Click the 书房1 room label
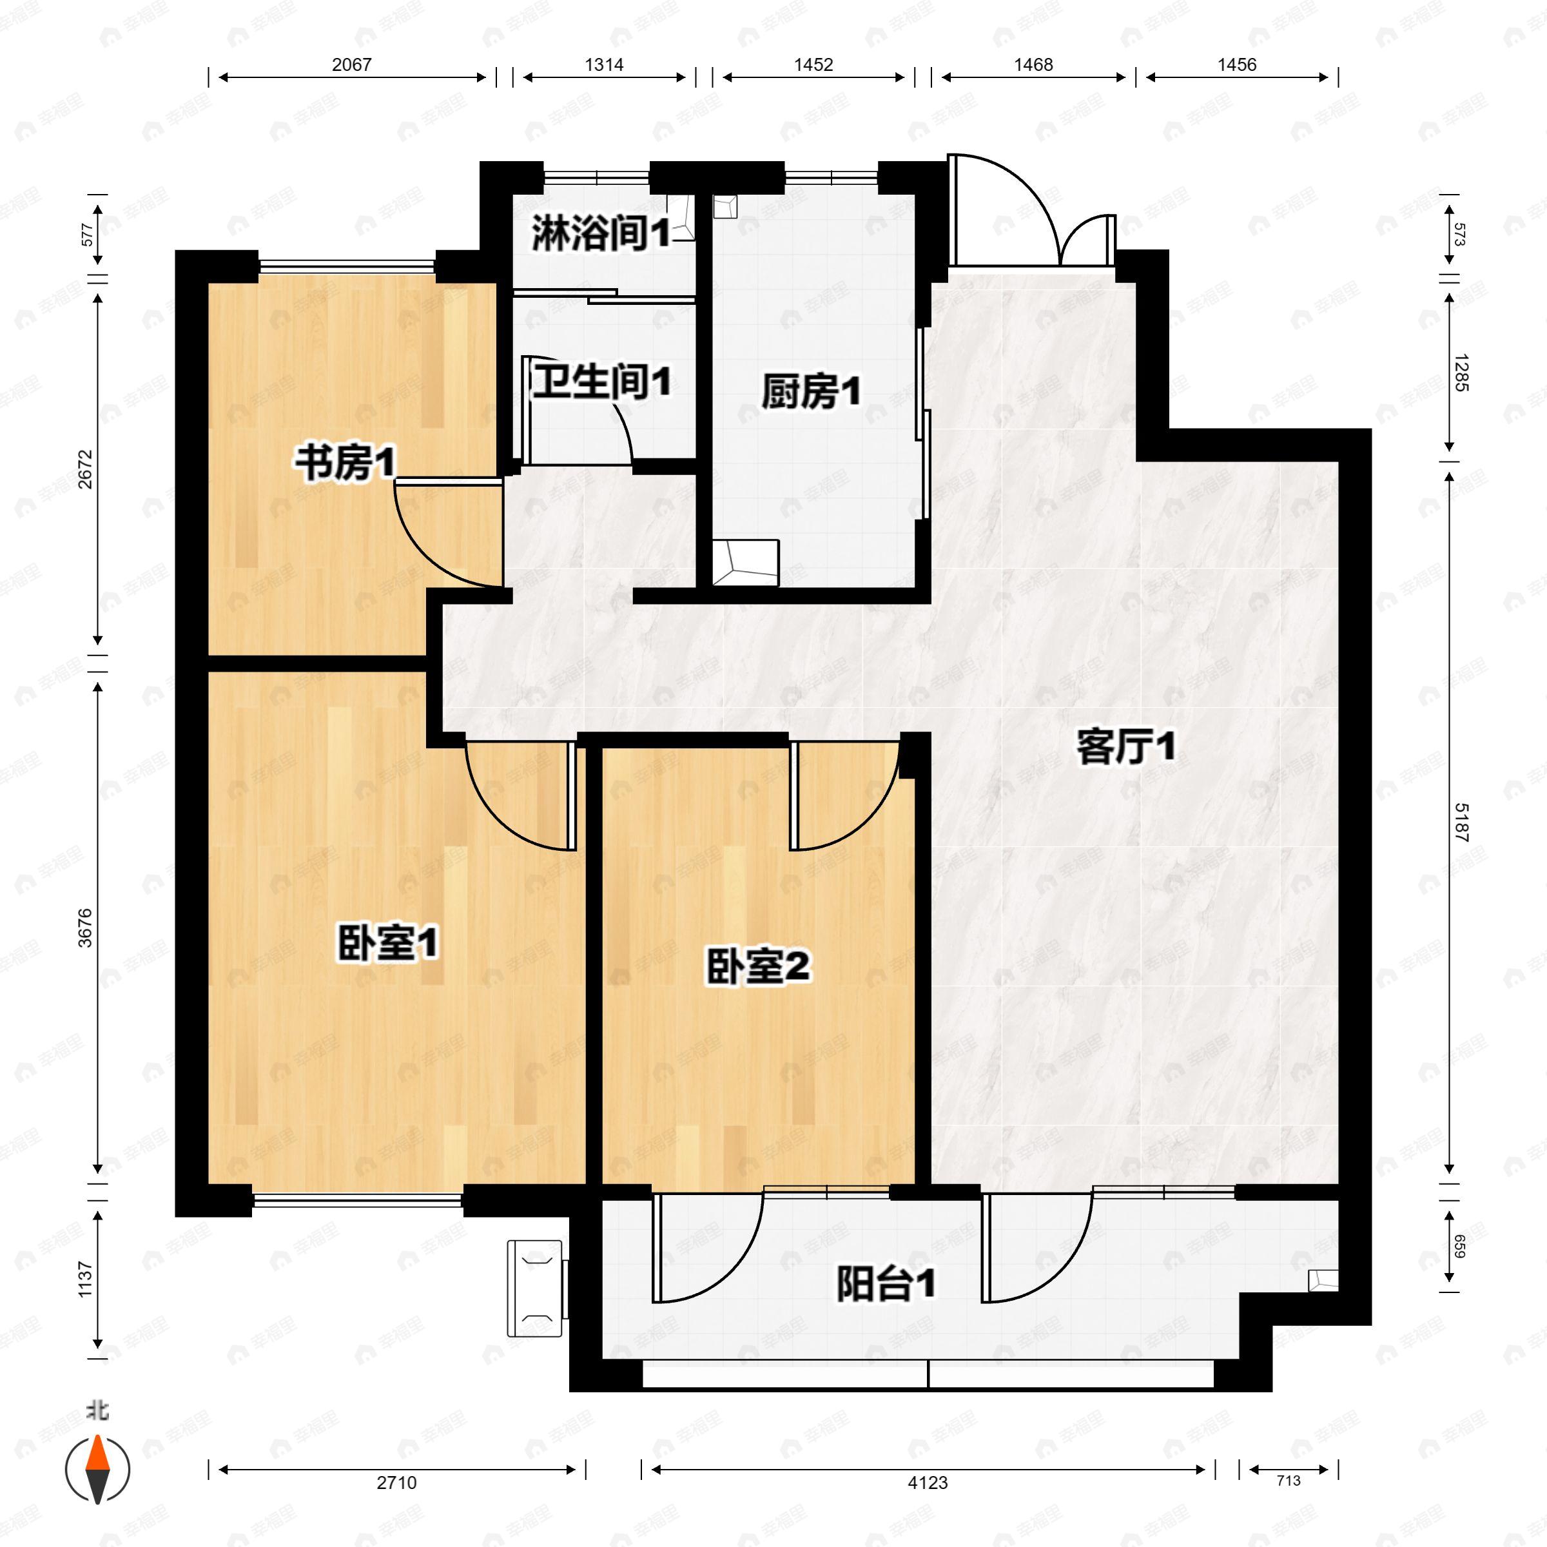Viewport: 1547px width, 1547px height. tap(345, 463)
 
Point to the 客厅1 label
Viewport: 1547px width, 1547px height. tap(1126, 748)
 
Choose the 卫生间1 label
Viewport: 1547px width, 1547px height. tap(602, 383)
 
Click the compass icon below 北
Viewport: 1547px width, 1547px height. tap(98, 1470)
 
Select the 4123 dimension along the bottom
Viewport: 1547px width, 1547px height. tap(928, 1483)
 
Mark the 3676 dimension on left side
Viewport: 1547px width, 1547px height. tap(86, 928)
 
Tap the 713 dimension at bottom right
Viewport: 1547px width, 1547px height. tap(1289, 1481)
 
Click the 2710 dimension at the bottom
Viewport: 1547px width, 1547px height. tap(397, 1483)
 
